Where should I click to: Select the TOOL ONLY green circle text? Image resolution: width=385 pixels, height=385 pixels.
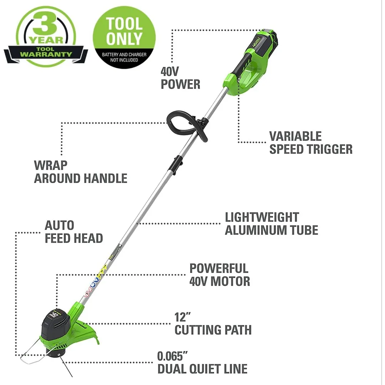(x=124, y=31)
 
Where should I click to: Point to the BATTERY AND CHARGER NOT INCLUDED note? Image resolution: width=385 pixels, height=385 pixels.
(x=124, y=57)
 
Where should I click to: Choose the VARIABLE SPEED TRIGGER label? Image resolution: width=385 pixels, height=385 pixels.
(x=310, y=142)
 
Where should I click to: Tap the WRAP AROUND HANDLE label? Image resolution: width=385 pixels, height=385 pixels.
(x=80, y=172)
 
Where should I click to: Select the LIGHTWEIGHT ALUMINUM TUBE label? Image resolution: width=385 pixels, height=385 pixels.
(x=271, y=224)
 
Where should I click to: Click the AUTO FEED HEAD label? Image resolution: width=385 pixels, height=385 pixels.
(x=74, y=231)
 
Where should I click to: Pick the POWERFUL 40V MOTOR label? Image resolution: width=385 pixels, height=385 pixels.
(x=219, y=275)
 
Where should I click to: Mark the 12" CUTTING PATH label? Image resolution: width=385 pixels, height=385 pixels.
(x=213, y=323)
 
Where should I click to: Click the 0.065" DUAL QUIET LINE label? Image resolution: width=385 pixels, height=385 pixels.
(x=202, y=362)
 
